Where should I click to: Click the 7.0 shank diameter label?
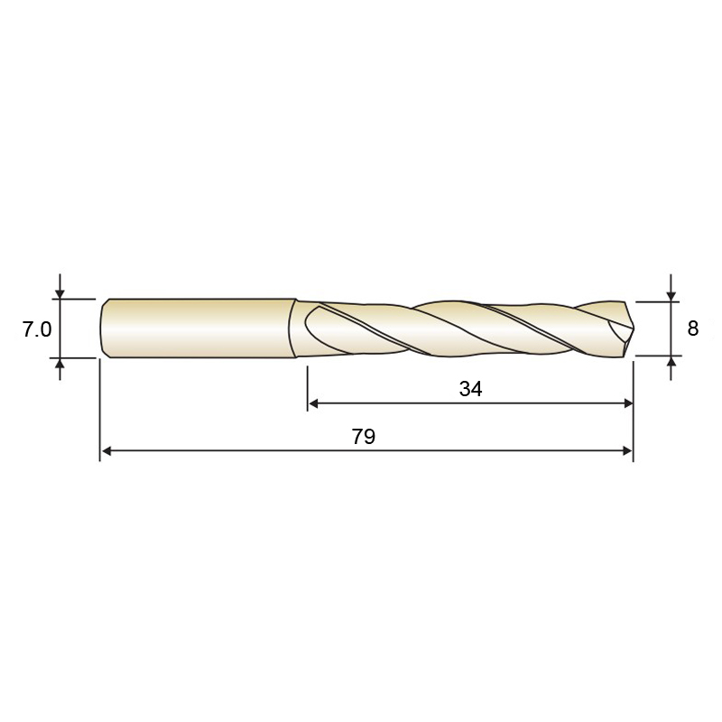[37, 329]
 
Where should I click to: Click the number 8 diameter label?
[692, 329]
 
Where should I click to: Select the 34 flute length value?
[470, 389]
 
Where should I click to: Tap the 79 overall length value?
[364, 437]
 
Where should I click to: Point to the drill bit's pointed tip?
[633, 329]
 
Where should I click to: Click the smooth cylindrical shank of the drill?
[199, 329]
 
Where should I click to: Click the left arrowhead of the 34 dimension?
[313, 403]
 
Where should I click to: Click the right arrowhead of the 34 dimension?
[627, 403]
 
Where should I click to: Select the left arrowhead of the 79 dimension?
[106, 451]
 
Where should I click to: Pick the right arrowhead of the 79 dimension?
[627, 451]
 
